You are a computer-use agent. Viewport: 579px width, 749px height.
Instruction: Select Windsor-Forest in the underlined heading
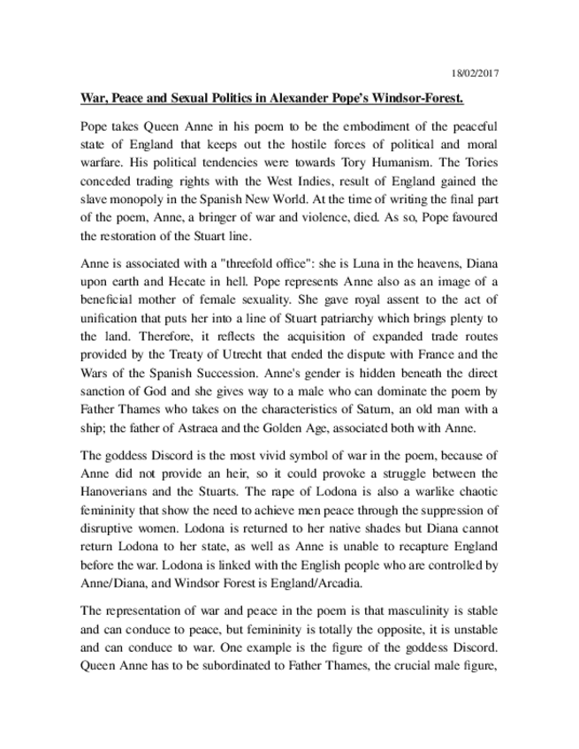(x=459, y=95)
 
